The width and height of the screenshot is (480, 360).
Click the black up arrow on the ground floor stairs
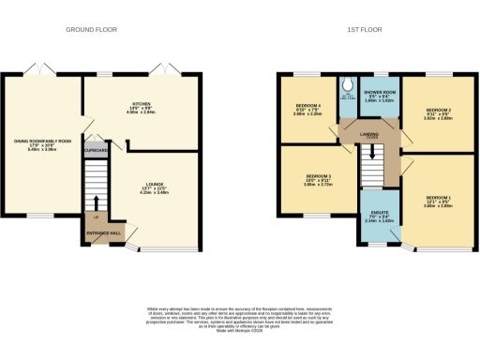(96, 200)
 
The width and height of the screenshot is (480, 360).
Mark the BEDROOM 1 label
(438, 200)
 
